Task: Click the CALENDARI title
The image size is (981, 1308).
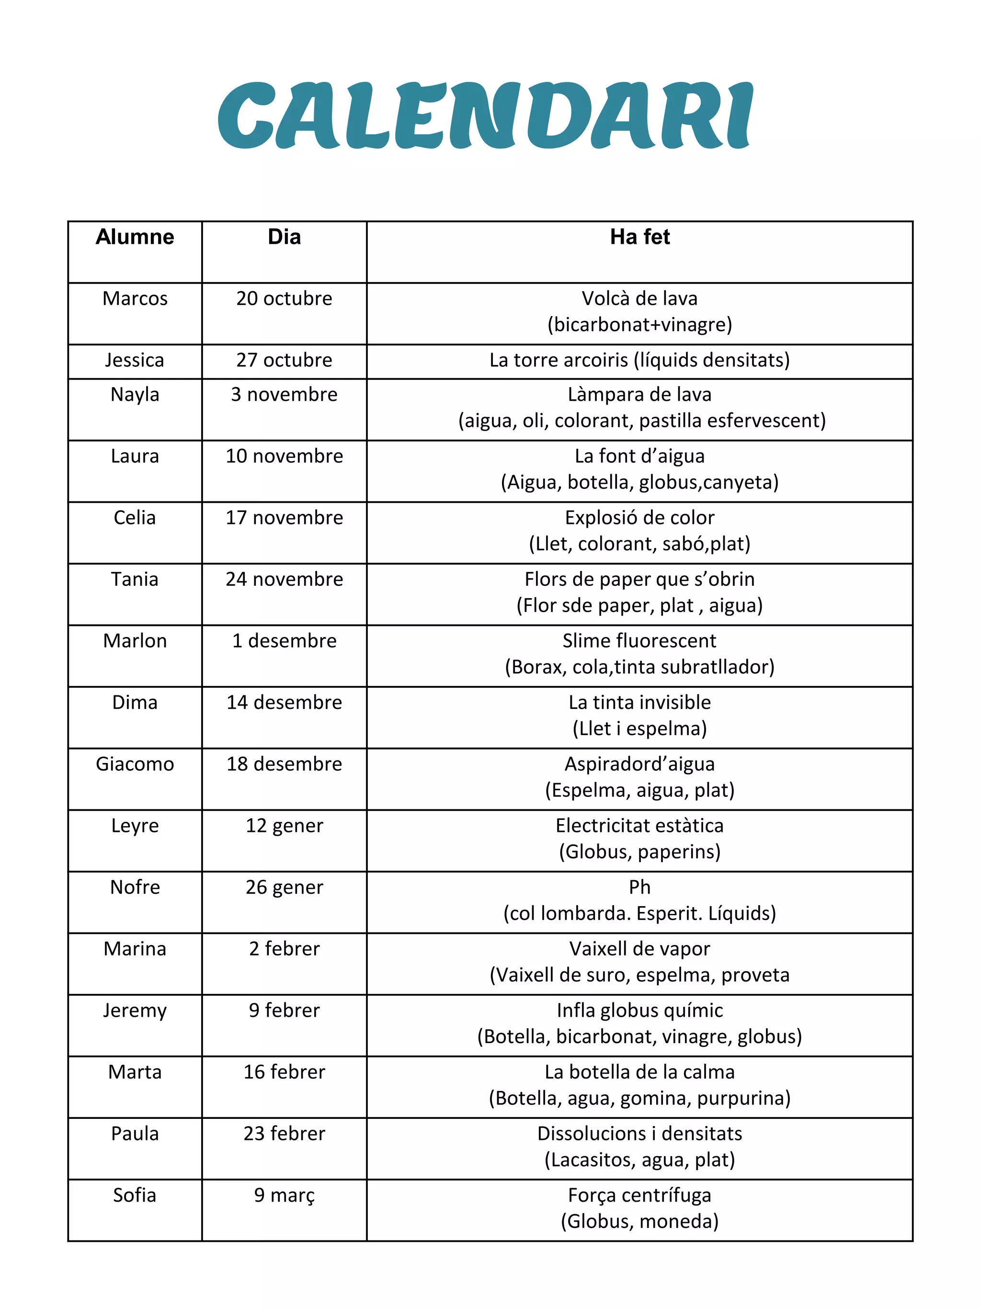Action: click(x=485, y=116)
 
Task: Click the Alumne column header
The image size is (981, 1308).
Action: click(x=135, y=237)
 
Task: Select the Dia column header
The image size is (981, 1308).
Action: click(x=284, y=237)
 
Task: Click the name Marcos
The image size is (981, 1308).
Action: click(x=135, y=298)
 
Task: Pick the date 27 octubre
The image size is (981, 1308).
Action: click(x=284, y=360)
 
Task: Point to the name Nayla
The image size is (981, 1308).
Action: click(x=135, y=394)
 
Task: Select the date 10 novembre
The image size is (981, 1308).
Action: click(x=284, y=456)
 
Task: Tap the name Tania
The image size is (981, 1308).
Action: click(x=135, y=579)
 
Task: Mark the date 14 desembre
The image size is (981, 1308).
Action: click(x=284, y=702)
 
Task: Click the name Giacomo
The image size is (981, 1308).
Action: click(x=135, y=764)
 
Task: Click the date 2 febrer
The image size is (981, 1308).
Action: click(x=284, y=948)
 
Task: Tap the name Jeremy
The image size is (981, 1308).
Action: click(x=135, y=1011)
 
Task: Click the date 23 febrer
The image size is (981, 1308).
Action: click(x=284, y=1134)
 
